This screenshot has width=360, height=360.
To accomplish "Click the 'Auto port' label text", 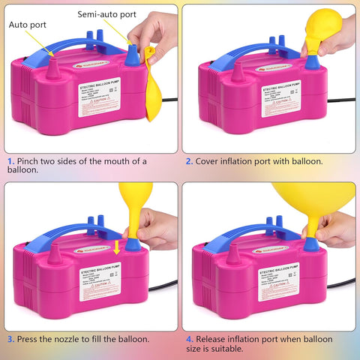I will click(27, 24).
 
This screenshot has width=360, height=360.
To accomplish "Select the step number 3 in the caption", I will click(10, 338).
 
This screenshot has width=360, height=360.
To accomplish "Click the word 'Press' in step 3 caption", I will click(30, 338).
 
